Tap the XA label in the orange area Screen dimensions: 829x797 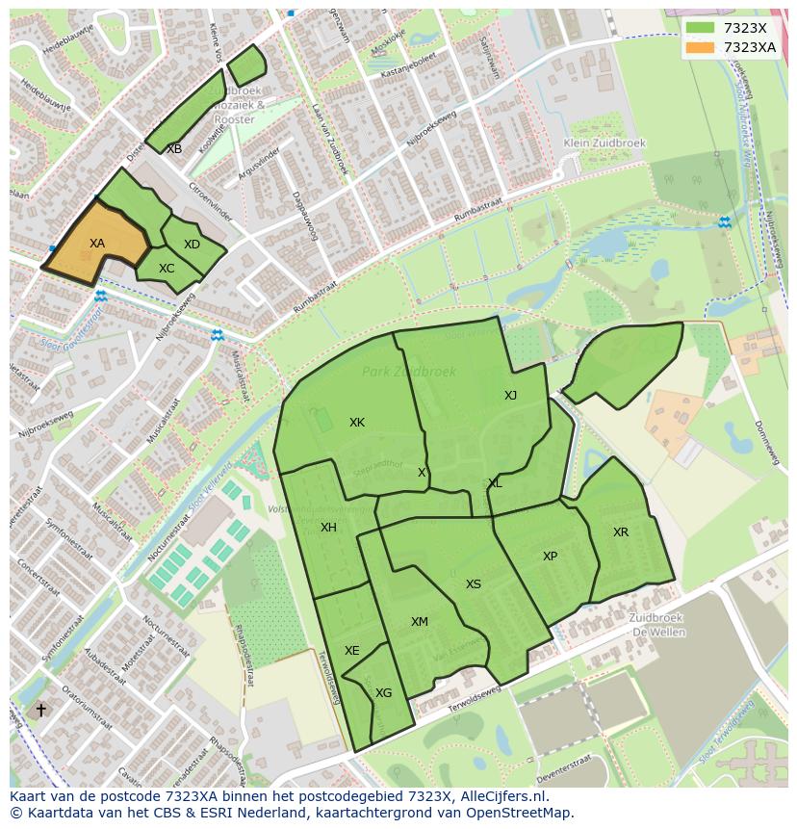pos(97,244)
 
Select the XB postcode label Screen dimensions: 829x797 pos(174,149)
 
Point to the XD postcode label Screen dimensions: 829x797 pos(192,245)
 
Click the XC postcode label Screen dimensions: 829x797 pos(167,269)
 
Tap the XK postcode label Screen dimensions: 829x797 pos(357,423)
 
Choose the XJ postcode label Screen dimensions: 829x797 pos(511,396)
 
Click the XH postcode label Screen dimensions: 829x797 pos(329,528)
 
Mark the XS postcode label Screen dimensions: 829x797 pos(474,584)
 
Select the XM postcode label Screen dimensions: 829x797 pos(420,622)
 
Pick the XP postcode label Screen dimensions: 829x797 pos(550,557)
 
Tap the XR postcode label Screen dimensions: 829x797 pos(621,532)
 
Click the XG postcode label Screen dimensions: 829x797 pos(383,693)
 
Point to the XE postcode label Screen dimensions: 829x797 pos(352,651)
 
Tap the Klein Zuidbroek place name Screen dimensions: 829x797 pos(605,142)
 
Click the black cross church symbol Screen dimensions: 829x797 pos(40,710)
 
